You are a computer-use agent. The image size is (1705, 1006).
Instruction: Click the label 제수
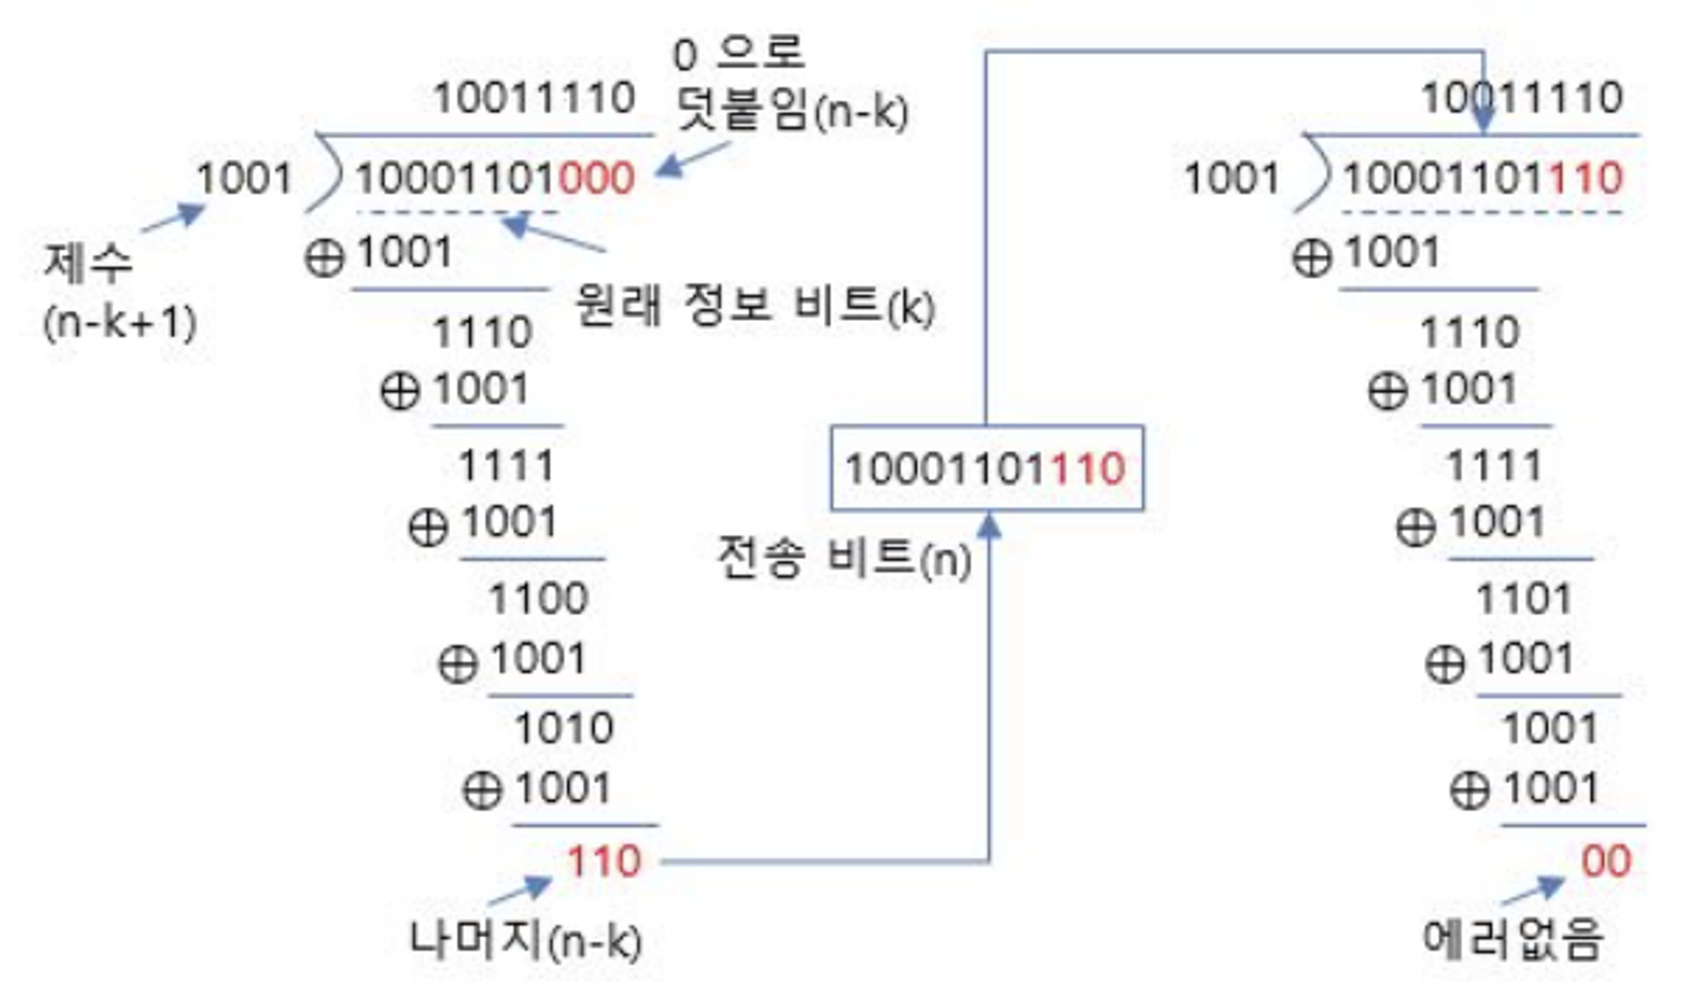tap(88, 262)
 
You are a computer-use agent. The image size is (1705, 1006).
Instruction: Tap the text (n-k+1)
tap(120, 323)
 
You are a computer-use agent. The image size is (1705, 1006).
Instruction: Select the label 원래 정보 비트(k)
tap(754, 305)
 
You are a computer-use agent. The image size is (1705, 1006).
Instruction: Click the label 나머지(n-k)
tap(525, 940)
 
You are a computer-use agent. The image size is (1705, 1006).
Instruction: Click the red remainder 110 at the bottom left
tap(604, 862)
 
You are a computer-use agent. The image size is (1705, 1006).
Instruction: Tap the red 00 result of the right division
tap(1606, 862)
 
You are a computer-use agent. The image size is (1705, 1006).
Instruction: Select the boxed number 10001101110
tap(986, 469)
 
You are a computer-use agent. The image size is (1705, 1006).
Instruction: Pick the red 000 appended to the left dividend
tap(596, 179)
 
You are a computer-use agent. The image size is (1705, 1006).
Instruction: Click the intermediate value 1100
tap(538, 598)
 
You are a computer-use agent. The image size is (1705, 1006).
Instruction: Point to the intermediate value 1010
tap(564, 728)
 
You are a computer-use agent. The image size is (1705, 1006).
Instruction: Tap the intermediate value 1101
tap(1525, 598)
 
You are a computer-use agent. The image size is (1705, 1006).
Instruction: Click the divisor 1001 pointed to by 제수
tap(244, 179)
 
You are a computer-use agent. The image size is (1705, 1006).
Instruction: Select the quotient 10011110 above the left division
tap(534, 97)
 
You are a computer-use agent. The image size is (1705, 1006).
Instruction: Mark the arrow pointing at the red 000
tap(692, 160)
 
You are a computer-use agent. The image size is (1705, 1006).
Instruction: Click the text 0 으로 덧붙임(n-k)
tap(790, 83)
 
